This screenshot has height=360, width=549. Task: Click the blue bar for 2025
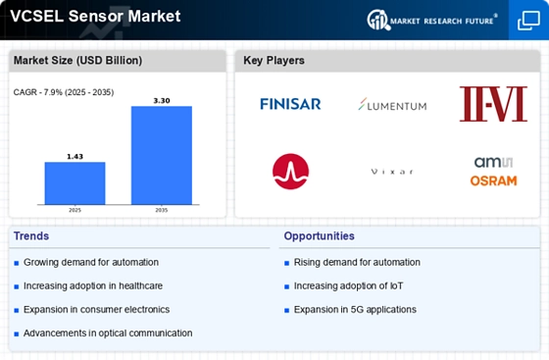[75, 183]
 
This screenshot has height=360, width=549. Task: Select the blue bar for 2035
[162, 155]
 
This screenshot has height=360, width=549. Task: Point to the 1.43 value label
[75, 157]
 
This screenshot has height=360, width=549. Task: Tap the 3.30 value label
[162, 101]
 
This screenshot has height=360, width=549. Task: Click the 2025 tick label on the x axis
[75, 210]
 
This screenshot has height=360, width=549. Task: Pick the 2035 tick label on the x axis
[162, 210]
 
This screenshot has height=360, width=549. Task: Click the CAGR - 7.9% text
[38, 92]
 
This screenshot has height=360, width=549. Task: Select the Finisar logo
[290, 104]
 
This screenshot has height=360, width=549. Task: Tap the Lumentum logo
[392, 104]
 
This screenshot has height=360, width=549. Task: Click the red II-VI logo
[493, 104]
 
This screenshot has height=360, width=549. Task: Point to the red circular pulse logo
[290, 172]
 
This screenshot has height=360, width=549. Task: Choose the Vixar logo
[392, 172]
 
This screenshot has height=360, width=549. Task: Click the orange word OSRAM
[493, 180]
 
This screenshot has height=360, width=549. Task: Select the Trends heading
[31, 236]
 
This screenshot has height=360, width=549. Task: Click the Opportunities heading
[319, 236]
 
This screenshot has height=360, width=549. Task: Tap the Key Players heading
[274, 61]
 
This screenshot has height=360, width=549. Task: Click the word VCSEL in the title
[37, 16]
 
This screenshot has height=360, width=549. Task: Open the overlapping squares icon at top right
[528, 21]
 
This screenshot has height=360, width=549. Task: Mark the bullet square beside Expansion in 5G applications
[286, 310]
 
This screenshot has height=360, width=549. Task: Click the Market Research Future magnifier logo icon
[378, 20]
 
